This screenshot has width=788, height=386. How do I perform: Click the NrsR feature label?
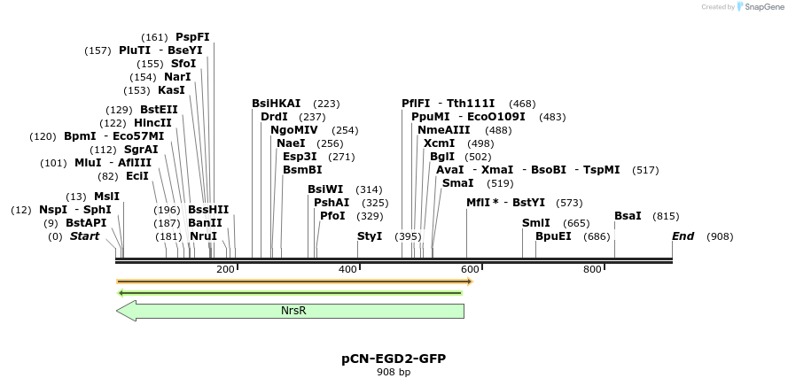tap(293, 311)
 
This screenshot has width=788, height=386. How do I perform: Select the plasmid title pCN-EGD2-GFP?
tap(394, 359)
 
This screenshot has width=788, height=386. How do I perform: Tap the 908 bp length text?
tap(394, 373)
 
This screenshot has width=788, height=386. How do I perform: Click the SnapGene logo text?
tap(761, 7)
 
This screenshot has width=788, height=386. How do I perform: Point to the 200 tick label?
tap(225, 269)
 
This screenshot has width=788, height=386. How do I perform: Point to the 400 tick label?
tap(347, 269)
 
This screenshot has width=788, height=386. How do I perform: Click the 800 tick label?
tap(592, 269)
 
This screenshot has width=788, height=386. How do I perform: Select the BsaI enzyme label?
tap(628, 216)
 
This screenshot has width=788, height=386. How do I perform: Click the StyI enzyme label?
tap(370, 236)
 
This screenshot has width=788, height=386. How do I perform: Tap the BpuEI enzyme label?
tap(553, 236)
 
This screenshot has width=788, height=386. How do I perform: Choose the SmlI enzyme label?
tap(536, 223)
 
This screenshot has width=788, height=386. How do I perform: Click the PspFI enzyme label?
tap(192, 37)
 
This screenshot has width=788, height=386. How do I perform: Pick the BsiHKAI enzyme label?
tap(277, 104)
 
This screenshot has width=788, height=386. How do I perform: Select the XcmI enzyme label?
tap(440, 143)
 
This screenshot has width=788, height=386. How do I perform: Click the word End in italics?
tap(683, 236)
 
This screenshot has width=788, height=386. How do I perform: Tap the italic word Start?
tap(85, 236)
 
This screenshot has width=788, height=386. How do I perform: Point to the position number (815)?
tap(666, 216)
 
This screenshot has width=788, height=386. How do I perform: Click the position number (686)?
tap(597, 236)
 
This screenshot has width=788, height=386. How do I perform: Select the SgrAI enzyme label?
tap(141, 150)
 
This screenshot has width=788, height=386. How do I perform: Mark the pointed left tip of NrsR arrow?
tap(118, 311)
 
